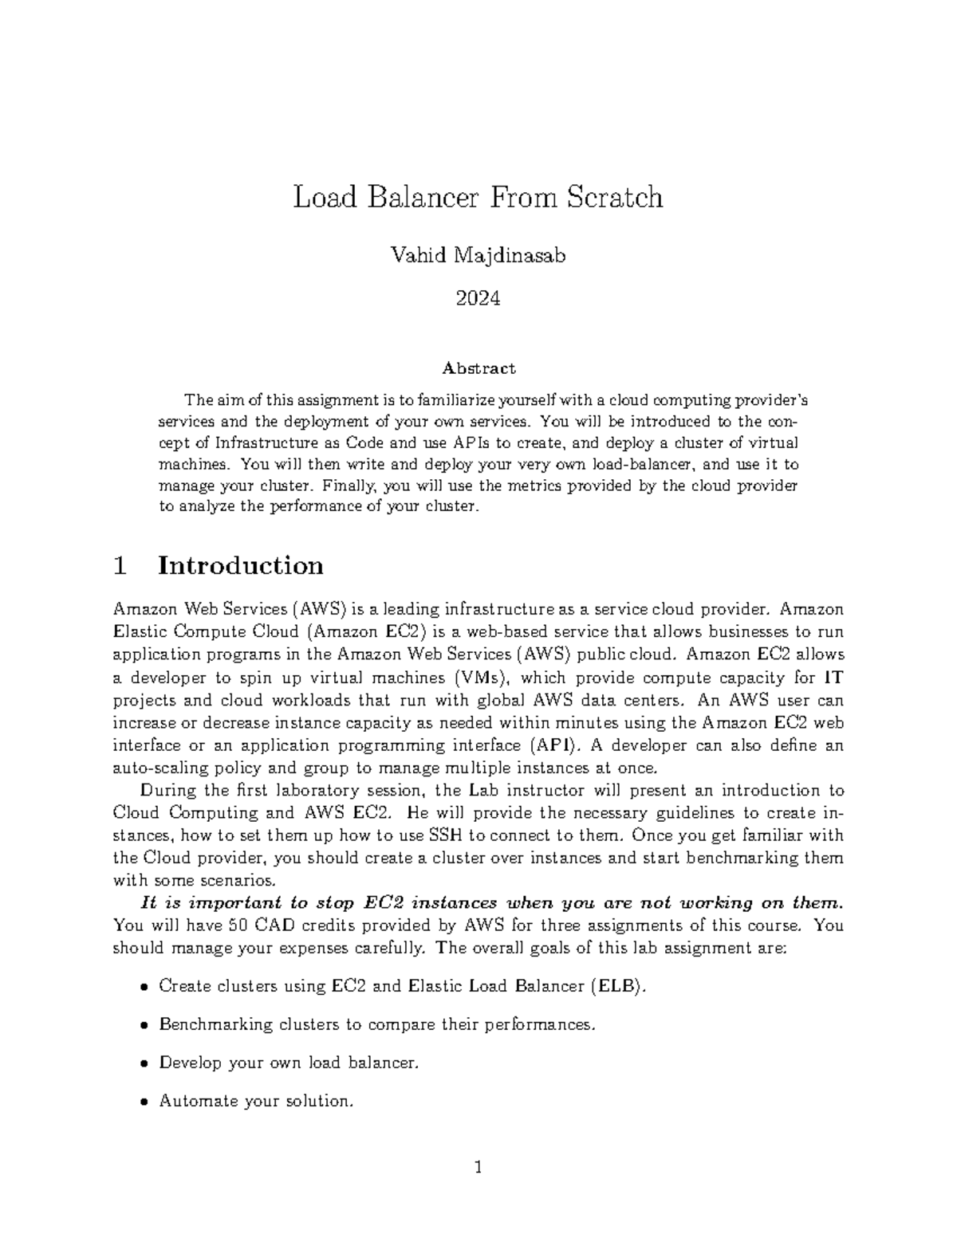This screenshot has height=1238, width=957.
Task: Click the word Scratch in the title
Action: click(x=614, y=197)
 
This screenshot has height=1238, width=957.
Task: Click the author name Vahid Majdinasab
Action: click(x=478, y=256)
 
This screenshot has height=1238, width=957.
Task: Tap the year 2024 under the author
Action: click(x=478, y=299)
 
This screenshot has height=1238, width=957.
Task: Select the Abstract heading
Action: click(x=478, y=368)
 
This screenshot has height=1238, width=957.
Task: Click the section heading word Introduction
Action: click(x=241, y=565)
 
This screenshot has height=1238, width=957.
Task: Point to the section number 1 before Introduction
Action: click(x=120, y=565)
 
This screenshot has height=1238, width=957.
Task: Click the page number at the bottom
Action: click(x=478, y=1169)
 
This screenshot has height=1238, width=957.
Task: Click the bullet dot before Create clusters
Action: click(x=144, y=987)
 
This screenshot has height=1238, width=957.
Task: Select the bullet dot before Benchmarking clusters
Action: click(x=144, y=1025)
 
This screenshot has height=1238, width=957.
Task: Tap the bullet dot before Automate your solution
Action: click(x=144, y=1102)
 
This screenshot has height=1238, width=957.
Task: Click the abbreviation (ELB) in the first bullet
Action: click(x=616, y=986)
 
